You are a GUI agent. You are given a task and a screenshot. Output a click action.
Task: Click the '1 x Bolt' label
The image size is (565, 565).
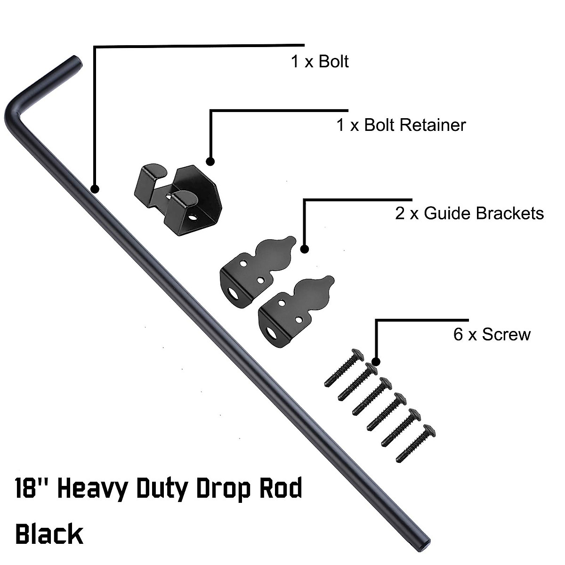point(320,62)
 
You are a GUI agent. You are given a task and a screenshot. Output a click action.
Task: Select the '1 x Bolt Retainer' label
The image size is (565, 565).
point(401,125)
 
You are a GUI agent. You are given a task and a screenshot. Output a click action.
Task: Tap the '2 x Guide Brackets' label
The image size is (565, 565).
point(469,213)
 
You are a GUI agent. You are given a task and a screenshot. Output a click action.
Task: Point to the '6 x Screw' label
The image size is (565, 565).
point(492,334)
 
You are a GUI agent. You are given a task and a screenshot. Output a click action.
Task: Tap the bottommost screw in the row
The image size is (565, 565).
point(416,444)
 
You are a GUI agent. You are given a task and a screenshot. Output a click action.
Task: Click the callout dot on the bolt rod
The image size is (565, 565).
point(95,189)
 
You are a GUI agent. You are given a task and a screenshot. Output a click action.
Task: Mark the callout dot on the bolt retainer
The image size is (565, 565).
point(210,161)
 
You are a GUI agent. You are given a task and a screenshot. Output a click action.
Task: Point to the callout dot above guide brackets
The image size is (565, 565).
point(305,249)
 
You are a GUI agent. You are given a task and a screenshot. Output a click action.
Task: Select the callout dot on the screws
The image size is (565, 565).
point(376,362)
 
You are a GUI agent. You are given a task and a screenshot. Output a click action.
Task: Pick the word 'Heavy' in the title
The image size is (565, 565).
point(93,490)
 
